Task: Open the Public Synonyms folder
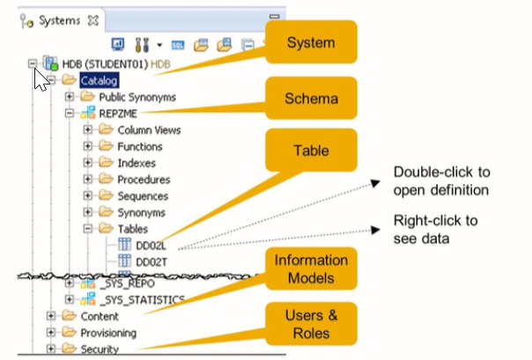click(x=137, y=97)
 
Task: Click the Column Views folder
click(x=149, y=130)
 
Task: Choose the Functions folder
click(x=140, y=147)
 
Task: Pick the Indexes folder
click(x=137, y=163)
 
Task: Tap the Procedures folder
click(x=144, y=180)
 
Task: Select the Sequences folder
click(x=143, y=196)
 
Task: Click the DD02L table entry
click(x=151, y=246)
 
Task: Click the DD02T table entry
click(x=151, y=261)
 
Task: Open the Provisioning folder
click(x=108, y=333)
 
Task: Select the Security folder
click(x=100, y=349)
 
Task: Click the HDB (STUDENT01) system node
click(x=105, y=63)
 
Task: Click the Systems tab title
click(x=59, y=18)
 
